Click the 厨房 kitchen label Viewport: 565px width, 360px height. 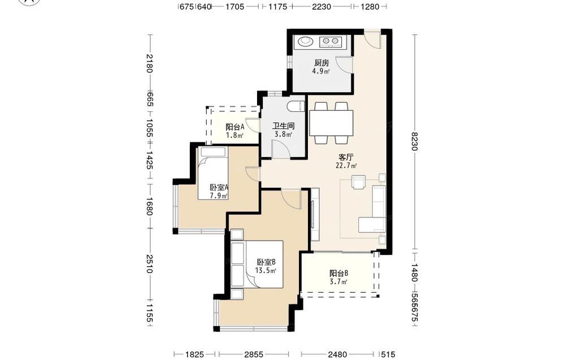321,63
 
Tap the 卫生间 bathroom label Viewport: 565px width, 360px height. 283,126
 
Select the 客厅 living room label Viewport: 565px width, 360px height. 346,157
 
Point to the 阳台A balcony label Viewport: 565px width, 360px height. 235,127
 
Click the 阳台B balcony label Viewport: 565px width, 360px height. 338,273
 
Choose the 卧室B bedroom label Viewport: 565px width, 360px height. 266,262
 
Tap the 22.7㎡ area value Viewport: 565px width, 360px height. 346,166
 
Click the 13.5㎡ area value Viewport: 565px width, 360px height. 266,271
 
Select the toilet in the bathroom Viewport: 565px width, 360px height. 297,107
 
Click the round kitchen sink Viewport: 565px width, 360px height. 306,41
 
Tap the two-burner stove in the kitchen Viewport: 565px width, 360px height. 330,42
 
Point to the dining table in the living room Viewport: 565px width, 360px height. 331,123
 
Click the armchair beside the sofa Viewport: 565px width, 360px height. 359,182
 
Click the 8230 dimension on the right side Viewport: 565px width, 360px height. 415,142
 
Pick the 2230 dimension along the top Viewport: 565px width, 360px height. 321,6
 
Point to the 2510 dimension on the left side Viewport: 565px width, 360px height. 149,264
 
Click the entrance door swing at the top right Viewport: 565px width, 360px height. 372,39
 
